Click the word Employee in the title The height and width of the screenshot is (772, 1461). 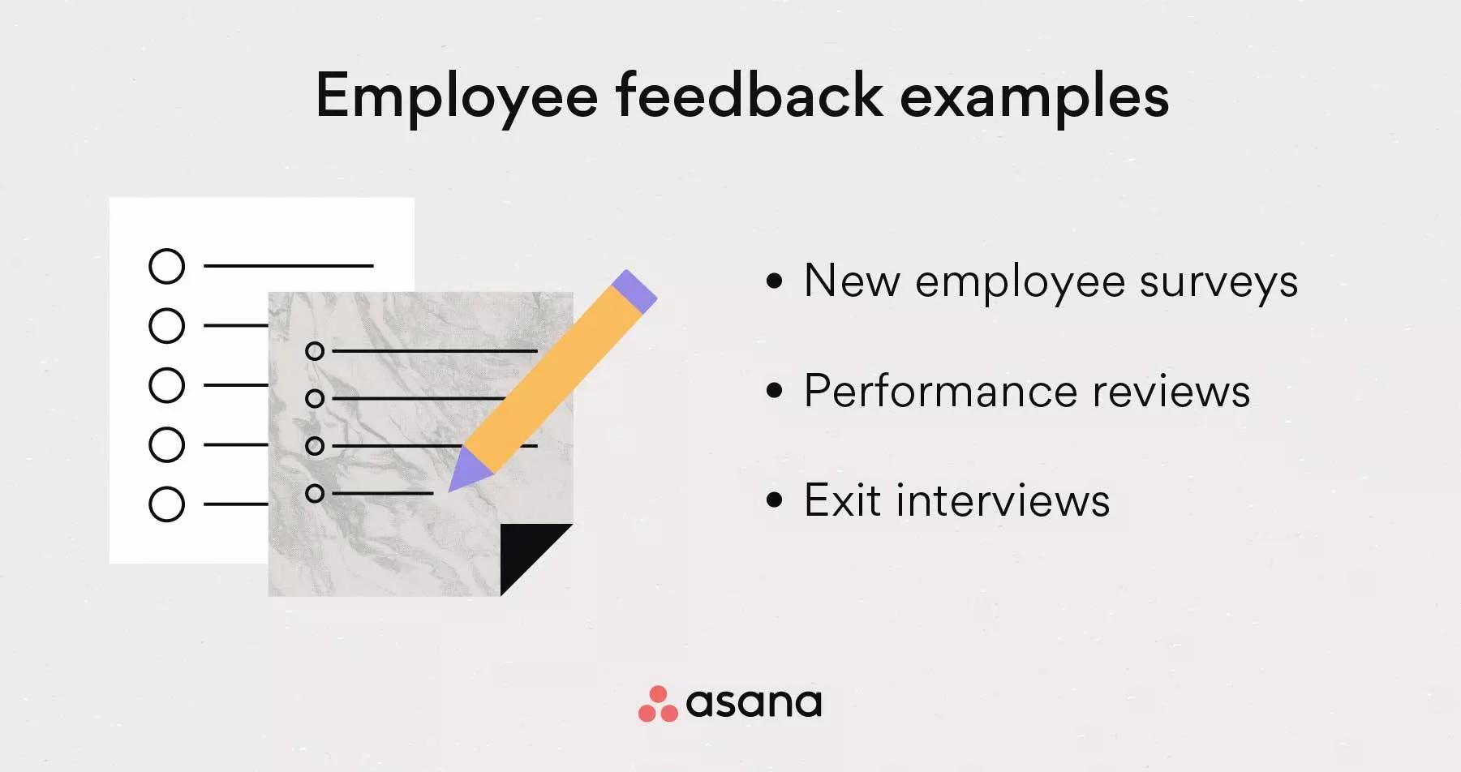(457, 97)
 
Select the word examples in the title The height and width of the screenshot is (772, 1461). (1034, 97)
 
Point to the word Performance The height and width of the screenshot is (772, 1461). (940, 392)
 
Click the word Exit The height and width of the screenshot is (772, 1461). (843, 500)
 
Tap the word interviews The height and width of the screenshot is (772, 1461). (1003, 500)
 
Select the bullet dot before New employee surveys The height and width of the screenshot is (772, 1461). (775, 281)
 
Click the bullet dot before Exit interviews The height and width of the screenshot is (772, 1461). (775, 500)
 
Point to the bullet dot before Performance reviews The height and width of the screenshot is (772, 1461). (775, 391)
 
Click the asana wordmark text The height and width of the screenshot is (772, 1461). (754, 703)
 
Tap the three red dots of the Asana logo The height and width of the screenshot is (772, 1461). (658, 704)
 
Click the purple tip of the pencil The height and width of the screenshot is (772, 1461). (466, 472)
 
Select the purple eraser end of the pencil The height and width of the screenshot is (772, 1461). (634, 291)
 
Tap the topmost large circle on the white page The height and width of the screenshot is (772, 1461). (167, 266)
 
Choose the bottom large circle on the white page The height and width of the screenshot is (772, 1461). (167, 504)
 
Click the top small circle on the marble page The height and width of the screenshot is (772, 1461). (315, 351)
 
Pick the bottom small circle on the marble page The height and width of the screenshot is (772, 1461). (315, 493)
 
